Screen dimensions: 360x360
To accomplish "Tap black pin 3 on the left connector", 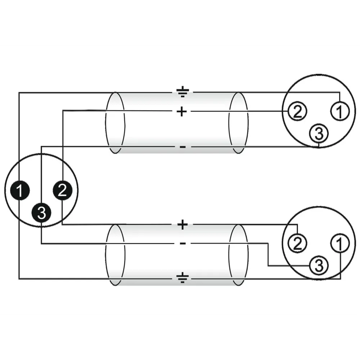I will coord(41,213).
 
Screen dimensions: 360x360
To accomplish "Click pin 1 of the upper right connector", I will coord(339,112).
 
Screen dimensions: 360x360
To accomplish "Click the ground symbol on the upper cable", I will coord(183,92).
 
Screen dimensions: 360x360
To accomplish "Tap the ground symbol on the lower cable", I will coord(183,278).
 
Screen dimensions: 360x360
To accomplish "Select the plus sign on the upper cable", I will coord(182,112).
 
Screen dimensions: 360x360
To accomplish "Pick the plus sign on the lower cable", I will coord(183,225).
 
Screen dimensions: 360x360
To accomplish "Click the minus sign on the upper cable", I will coord(183,147).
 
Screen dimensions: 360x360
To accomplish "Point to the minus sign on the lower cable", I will coord(183,244).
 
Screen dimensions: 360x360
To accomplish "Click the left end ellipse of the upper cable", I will coord(115,123).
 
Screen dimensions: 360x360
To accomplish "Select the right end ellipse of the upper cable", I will coord(238,123).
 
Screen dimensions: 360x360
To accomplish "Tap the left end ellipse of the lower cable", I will coord(115,255).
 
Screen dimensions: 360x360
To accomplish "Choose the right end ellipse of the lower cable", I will coord(238,255).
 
